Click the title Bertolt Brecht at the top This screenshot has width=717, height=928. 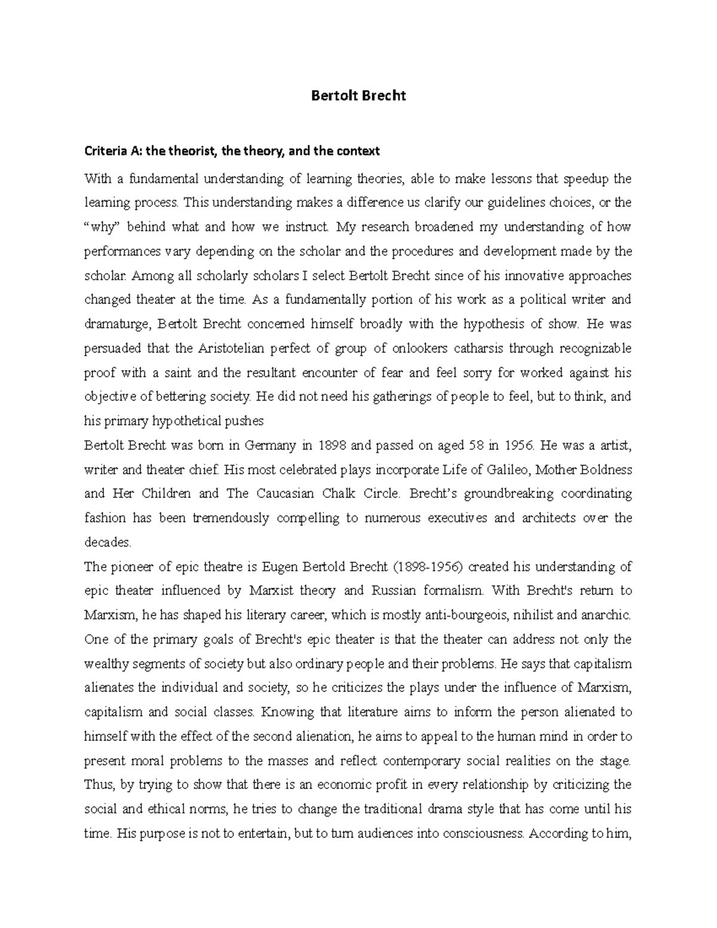[x=358, y=96]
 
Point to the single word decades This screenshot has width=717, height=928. [x=106, y=543]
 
